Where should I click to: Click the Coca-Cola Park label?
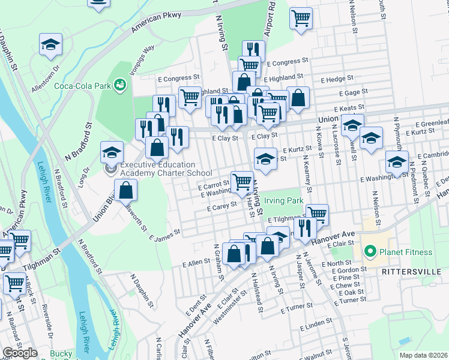point(83,85)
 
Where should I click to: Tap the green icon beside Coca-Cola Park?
point(121,85)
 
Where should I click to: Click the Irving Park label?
point(283,201)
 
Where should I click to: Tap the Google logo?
point(20,352)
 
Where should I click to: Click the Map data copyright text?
point(423,355)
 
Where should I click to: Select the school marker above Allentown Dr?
point(51,45)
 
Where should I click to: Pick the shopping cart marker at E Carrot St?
point(242,182)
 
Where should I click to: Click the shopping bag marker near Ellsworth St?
point(125,191)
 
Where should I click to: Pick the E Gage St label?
point(353,93)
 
